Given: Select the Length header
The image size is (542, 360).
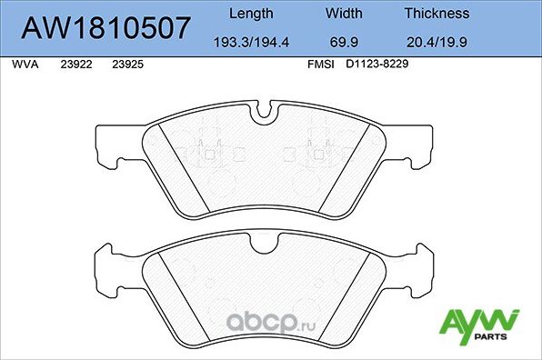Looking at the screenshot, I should point(250,14).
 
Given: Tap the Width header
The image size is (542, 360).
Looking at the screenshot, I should point(343,14).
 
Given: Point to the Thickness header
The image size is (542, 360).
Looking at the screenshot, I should point(437,14).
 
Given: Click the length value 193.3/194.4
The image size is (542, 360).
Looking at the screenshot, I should point(250,43).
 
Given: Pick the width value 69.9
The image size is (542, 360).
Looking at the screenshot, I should point(343,43).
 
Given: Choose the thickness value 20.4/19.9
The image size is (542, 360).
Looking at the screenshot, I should point(437,43).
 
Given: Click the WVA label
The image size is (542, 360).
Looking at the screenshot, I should point(23,65).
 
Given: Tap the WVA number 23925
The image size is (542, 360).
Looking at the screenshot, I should point(126,65).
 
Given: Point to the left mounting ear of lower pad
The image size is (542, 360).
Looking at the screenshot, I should point(107,265).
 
